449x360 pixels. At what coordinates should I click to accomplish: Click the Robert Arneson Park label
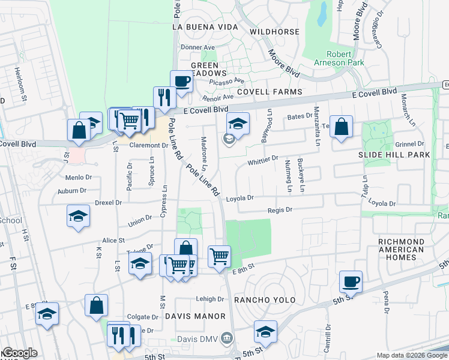click(x=338, y=58)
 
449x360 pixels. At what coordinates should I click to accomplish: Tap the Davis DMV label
click(x=199, y=338)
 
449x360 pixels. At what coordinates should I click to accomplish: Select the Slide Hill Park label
click(x=394, y=155)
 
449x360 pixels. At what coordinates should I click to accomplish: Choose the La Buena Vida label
click(x=206, y=27)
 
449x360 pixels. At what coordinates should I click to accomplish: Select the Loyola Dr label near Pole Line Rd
click(x=240, y=198)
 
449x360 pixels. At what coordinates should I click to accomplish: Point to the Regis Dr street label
click(x=280, y=210)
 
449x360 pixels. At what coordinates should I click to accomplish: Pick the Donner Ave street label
click(x=197, y=47)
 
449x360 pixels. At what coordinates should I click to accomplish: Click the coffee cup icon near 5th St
click(x=351, y=281)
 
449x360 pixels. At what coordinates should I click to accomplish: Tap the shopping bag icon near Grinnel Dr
click(x=341, y=127)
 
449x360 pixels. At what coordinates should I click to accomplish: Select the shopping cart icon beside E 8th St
click(x=219, y=256)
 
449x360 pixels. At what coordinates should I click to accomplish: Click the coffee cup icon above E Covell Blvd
click(x=181, y=80)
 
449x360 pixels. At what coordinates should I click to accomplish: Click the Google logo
click(x=20, y=353)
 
